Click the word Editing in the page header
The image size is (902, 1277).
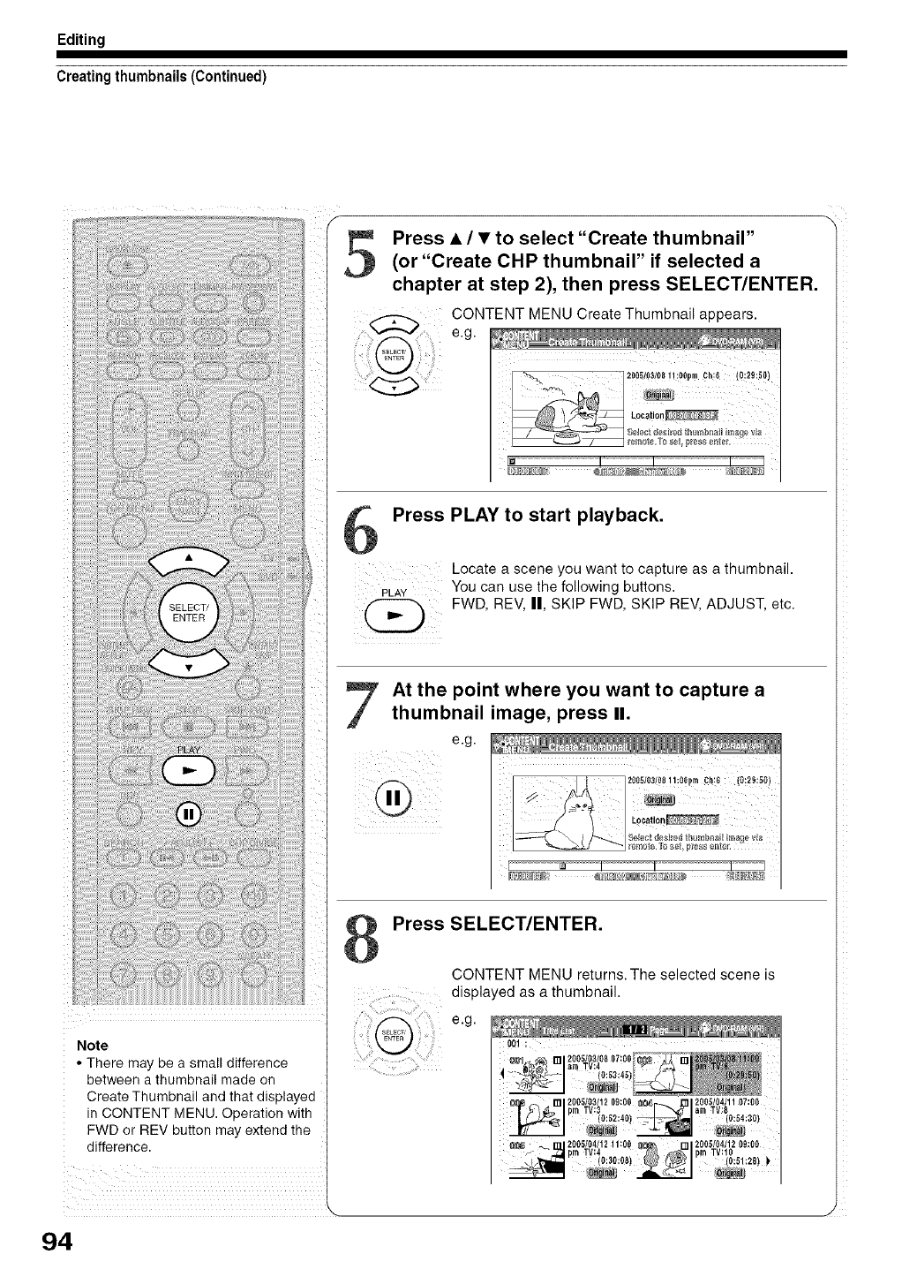click(81, 40)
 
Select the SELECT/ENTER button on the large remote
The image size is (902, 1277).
click(188, 611)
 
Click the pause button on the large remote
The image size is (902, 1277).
click(189, 813)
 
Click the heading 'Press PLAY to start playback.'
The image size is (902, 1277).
click(527, 516)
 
